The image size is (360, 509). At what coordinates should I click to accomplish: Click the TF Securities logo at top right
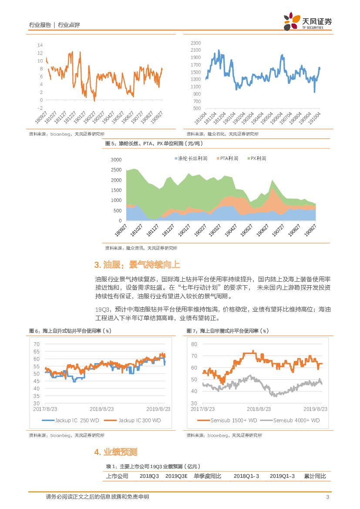[x=307, y=22]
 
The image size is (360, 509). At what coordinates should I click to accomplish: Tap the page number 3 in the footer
[x=327, y=497]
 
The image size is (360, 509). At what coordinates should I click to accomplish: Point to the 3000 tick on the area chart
[x=116, y=160]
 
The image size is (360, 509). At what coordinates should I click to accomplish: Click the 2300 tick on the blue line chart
[x=195, y=43]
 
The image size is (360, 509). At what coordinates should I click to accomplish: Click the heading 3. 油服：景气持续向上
[x=137, y=265]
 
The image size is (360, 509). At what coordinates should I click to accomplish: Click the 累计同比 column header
[x=315, y=476]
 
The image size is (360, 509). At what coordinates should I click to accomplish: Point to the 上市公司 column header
[x=117, y=476]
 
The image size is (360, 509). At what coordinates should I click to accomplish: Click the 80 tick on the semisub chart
[x=194, y=344]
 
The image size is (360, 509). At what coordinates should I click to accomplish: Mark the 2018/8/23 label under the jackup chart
[x=101, y=409]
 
